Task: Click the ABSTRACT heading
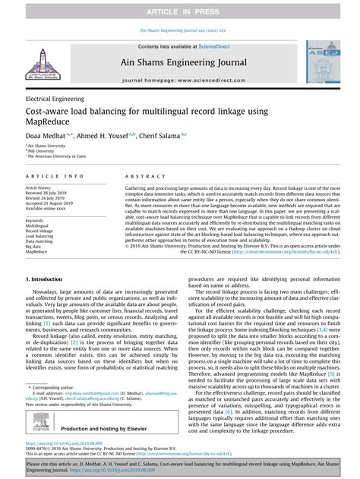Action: pos(141,175)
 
